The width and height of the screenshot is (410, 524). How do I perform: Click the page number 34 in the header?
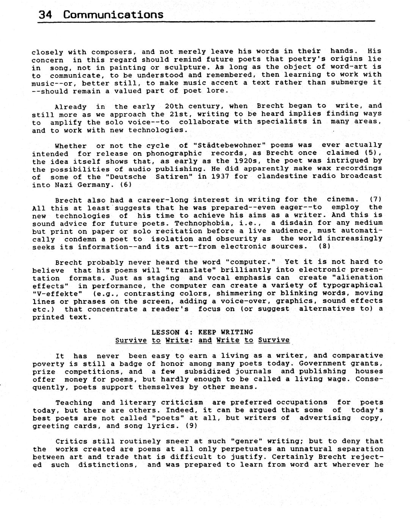[45, 14]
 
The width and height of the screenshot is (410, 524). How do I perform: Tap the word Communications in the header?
[113, 14]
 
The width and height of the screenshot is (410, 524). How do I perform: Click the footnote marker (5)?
[372, 153]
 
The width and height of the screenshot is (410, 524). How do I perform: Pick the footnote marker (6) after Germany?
[126, 185]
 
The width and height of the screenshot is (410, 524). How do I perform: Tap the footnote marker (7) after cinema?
[375, 199]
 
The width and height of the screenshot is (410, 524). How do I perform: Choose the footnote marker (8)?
[325, 246]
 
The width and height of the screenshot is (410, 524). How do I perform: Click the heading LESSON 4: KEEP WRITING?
[202, 332]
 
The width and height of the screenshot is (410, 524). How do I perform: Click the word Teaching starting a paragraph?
[74, 402]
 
